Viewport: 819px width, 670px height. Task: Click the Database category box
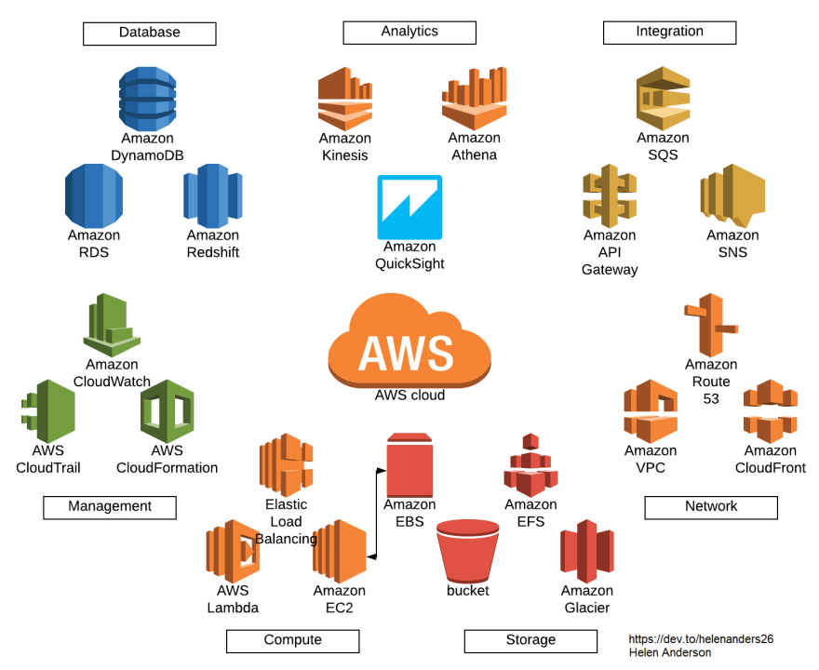(x=149, y=33)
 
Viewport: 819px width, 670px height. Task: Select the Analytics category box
(x=409, y=33)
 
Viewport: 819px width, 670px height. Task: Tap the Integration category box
(x=669, y=33)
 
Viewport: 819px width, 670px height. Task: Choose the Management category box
(x=110, y=507)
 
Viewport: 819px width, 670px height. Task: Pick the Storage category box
(x=530, y=640)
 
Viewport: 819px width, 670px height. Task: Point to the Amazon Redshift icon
(x=212, y=194)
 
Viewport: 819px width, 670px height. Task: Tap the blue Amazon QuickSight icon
(x=409, y=207)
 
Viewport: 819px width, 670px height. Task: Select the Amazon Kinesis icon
(x=344, y=98)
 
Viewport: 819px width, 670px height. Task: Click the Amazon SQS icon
(x=663, y=98)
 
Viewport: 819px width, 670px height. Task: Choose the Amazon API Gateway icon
(x=610, y=195)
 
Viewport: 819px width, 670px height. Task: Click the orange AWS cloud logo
(x=409, y=344)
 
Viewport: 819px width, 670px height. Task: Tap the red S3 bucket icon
(x=468, y=549)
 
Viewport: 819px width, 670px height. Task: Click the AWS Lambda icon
(x=232, y=551)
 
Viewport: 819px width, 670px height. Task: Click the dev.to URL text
(x=700, y=639)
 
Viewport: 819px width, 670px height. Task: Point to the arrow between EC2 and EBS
(x=376, y=512)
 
